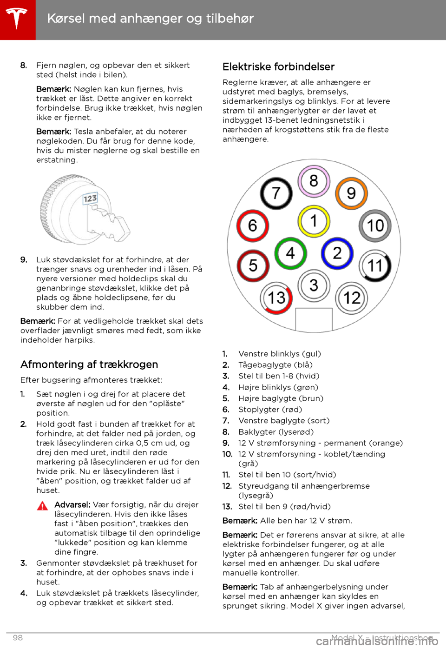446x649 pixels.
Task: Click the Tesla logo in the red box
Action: point(17,19)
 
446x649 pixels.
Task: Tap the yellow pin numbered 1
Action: point(314,221)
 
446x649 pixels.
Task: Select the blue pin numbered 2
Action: point(337,253)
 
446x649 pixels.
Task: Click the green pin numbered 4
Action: point(290,253)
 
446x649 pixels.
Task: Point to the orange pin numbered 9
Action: point(351,193)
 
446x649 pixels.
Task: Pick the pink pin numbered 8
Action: point(314,181)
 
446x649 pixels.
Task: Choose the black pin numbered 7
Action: point(276,193)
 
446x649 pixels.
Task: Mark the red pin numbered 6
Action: point(252,226)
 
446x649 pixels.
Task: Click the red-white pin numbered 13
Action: point(277,298)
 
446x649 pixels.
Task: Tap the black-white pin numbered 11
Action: point(375,266)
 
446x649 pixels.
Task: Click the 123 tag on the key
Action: point(90,199)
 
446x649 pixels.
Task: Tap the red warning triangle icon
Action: point(42,506)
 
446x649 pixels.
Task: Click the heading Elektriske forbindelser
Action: point(278,67)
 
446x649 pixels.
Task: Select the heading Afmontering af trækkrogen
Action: point(89,364)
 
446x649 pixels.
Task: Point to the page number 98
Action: point(18,637)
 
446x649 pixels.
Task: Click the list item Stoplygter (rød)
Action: point(270,410)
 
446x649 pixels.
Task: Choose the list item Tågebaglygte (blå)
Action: point(275,365)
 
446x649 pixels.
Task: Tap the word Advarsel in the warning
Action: point(72,505)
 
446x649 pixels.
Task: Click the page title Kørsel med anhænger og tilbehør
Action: point(151,19)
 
